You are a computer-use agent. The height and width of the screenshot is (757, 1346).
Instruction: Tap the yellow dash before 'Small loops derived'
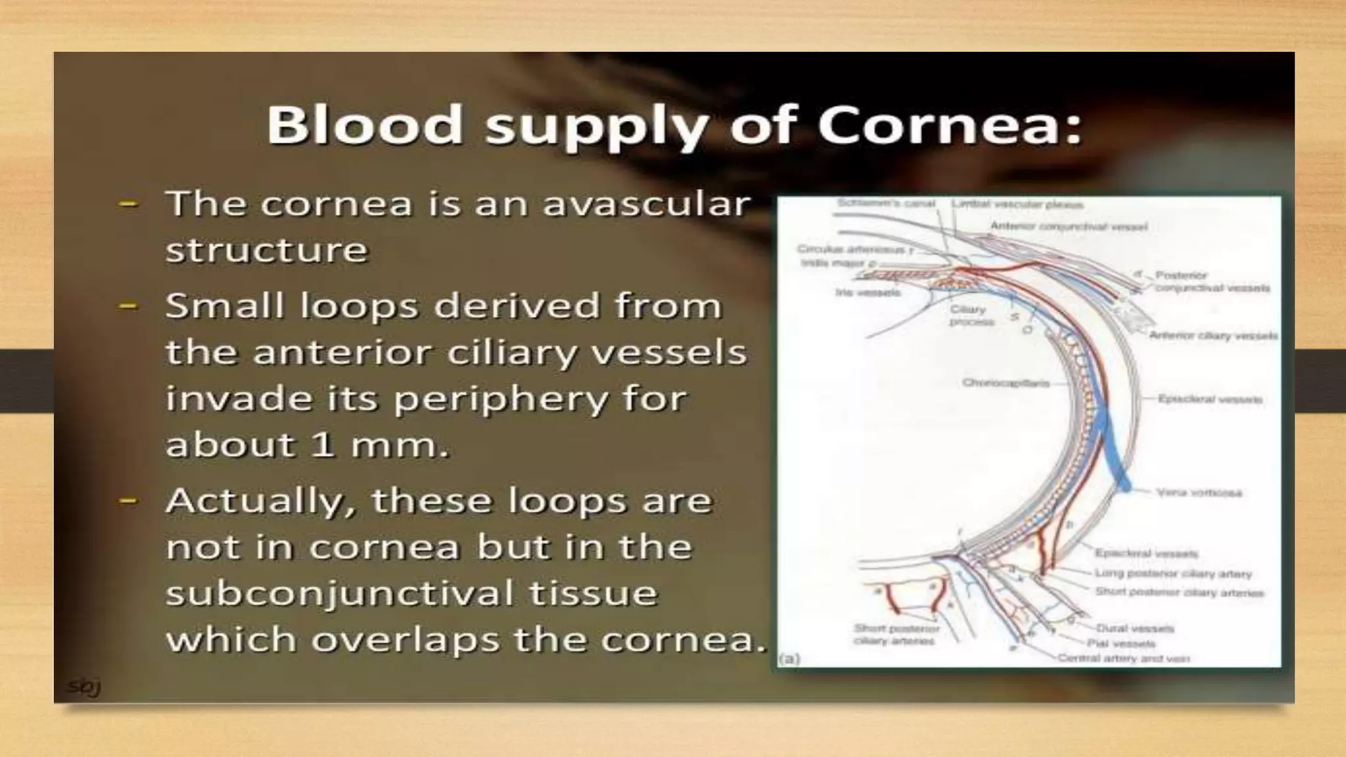128,306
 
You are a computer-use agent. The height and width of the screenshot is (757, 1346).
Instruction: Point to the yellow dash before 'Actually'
128,501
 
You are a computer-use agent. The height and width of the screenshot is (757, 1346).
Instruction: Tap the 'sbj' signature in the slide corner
83,687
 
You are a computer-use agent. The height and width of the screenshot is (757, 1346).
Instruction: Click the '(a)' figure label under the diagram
789,658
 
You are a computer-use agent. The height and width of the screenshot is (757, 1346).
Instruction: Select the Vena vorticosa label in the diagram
1199,492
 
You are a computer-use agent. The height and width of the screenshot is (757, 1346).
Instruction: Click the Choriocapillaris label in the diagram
1006,382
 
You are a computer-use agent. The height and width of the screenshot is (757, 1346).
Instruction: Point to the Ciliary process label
970,315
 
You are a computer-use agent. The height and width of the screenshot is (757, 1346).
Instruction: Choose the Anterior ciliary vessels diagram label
1213,335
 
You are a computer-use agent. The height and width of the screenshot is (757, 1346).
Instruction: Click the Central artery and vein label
1123,658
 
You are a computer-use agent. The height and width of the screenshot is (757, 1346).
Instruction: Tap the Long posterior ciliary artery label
1172,574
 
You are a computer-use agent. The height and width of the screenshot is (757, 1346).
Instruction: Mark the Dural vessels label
1134,628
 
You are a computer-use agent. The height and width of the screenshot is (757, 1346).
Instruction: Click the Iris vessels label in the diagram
867,292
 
